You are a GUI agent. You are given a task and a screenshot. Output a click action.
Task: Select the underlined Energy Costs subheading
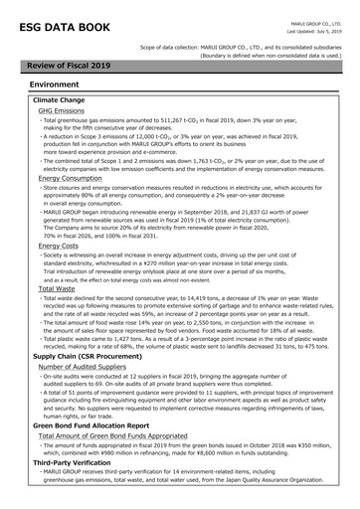pyautogui.click(x=60, y=245)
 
